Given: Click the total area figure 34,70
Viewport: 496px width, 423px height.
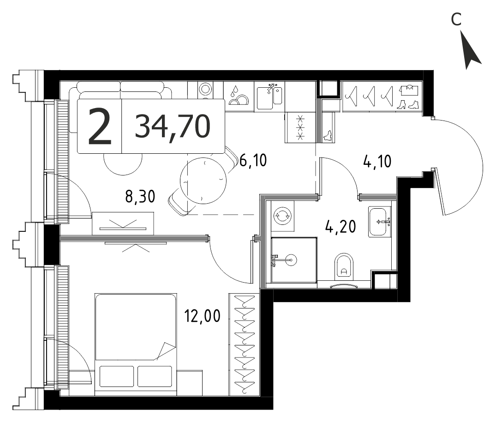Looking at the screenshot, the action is pyautogui.click(x=173, y=127).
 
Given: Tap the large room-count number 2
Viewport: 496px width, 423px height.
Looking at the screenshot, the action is pyautogui.click(x=100, y=127).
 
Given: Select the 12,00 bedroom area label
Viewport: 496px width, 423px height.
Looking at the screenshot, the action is pyautogui.click(x=203, y=316).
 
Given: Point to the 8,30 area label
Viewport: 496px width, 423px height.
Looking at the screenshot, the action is pyautogui.click(x=140, y=196).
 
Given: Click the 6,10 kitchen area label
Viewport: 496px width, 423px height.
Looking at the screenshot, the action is pyautogui.click(x=253, y=160).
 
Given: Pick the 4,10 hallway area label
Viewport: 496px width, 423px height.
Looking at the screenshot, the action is pyautogui.click(x=377, y=161).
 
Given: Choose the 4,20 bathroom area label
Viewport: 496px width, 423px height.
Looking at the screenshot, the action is pyautogui.click(x=341, y=227).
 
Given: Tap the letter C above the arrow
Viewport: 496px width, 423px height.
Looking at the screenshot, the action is pyautogui.click(x=456, y=20).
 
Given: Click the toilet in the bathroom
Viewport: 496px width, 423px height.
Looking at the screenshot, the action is pyautogui.click(x=344, y=267).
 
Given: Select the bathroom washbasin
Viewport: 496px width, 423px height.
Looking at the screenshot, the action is pyautogui.click(x=380, y=222).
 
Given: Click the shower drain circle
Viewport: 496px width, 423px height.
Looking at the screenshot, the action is pyautogui.click(x=291, y=260).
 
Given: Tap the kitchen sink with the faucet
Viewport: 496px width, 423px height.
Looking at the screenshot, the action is pyautogui.click(x=269, y=97).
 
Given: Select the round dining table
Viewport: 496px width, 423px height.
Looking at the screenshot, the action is pyautogui.click(x=203, y=181).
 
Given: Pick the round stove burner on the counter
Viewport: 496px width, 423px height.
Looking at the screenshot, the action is pyautogui.click(x=205, y=89).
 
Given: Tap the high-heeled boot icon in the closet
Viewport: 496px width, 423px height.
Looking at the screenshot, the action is pyautogui.click(x=402, y=104).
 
